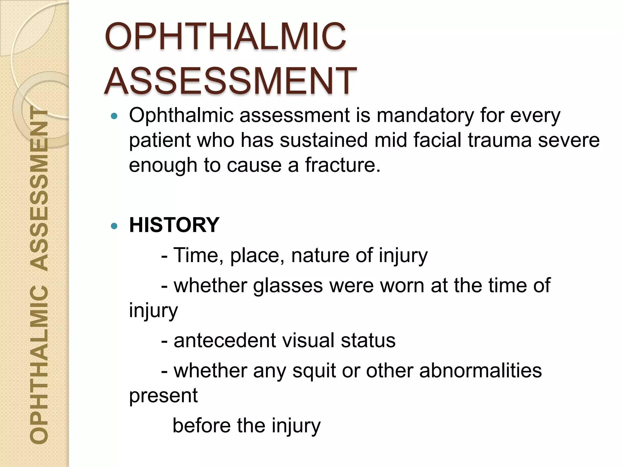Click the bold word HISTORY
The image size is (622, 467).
[x=174, y=225]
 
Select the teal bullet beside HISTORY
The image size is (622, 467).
[x=114, y=226]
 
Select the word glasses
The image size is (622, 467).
[x=288, y=286]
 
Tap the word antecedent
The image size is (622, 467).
[x=224, y=341]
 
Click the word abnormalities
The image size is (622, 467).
[x=480, y=371]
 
